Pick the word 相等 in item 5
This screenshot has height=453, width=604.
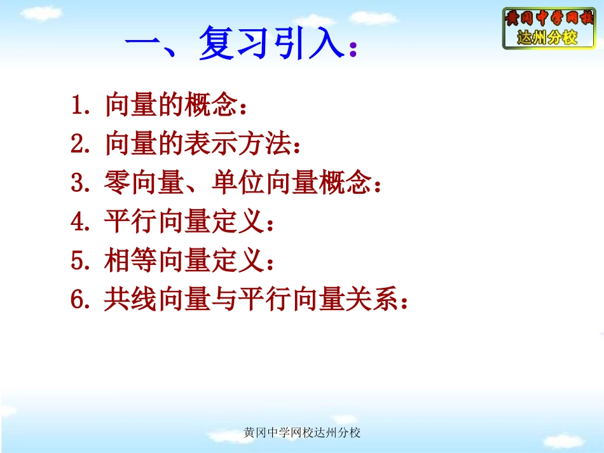tap(130, 261)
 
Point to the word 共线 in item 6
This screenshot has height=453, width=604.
tap(130, 300)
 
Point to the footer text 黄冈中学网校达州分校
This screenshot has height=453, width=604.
tap(302, 433)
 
